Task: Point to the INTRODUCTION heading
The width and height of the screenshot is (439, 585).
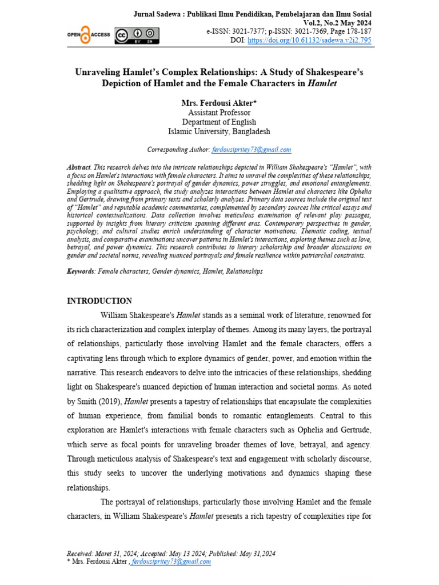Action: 99,301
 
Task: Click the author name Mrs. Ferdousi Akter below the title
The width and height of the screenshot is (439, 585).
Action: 219,103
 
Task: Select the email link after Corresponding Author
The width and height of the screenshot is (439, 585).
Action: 252,150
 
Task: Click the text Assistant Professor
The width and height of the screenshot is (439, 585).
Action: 219,113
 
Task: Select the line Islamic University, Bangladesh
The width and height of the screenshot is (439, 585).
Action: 219,131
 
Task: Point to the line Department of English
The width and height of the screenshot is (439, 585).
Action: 219,122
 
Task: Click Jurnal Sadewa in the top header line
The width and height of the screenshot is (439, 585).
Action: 157,14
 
